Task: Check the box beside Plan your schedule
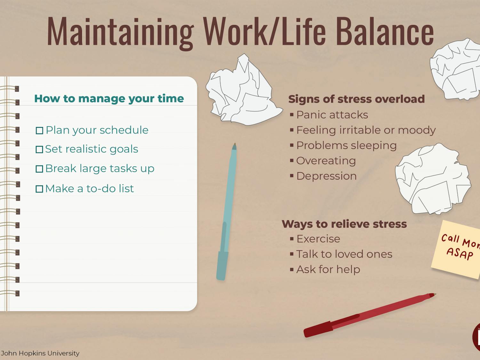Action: [x=39, y=131]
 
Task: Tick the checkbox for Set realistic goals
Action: [x=39, y=149]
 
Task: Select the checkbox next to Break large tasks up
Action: [x=39, y=169]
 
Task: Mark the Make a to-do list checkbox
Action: [x=39, y=189]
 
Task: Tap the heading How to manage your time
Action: [x=109, y=99]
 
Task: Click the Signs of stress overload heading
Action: [x=356, y=99]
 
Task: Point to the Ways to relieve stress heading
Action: [x=344, y=224]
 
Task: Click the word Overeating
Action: [x=326, y=161]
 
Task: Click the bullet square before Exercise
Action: [x=292, y=239]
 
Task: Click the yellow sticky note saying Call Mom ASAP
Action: [x=457, y=249]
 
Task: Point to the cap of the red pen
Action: [x=318, y=329]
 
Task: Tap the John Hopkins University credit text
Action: [x=40, y=353]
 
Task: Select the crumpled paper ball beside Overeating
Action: [x=433, y=179]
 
